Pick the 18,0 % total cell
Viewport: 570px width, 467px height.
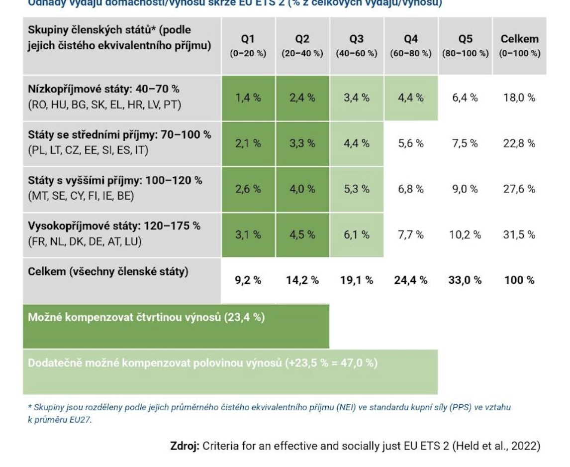pyautogui.click(x=520, y=98)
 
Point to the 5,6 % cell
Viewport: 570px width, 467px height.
pyautogui.click(x=411, y=144)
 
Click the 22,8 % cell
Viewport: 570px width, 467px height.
pyautogui.click(x=520, y=144)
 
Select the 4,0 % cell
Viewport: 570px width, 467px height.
pyautogui.click(x=302, y=189)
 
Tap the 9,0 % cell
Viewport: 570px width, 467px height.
pyautogui.click(x=466, y=189)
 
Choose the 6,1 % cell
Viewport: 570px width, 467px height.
pyautogui.click(x=356, y=234)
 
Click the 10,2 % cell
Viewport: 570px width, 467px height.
pyautogui.click(x=466, y=234)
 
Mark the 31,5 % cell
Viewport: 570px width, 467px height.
pyautogui.click(x=520, y=234)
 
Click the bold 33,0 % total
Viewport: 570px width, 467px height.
pyautogui.click(x=466, y=280)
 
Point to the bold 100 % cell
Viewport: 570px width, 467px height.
pyautogui.click(x=520, y=280)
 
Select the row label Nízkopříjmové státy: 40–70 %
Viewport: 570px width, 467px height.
pyautogui.click(x=103, y=89)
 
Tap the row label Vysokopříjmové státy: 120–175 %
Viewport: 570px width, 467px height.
pyautogui.click(x=114, y=226)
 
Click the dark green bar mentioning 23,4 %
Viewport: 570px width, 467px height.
pyautogui.click(x=176, y=326)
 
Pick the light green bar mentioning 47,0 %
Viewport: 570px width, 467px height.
pyautogui.click(x=230, y=371)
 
